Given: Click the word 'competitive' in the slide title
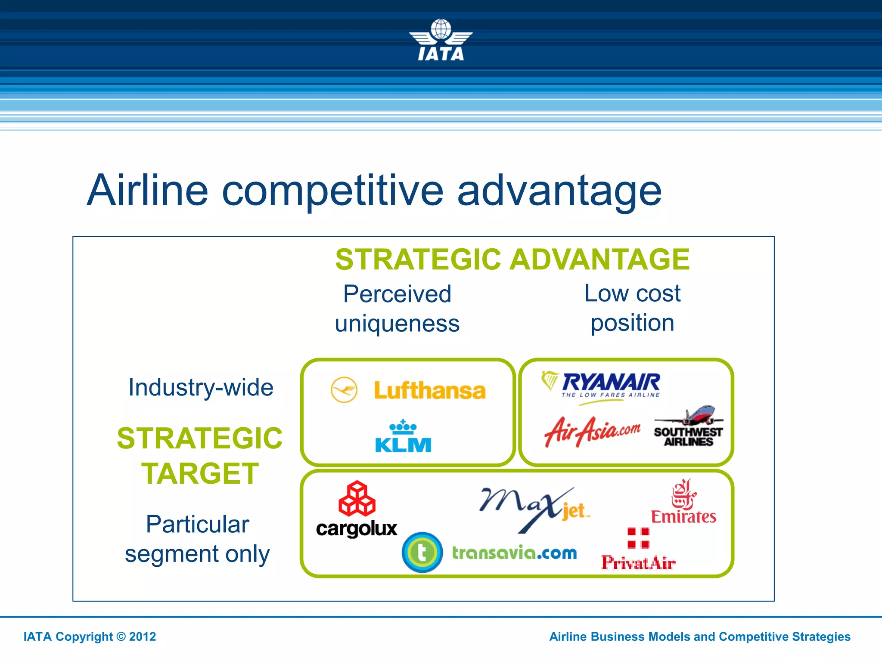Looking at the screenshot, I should click(332, 191).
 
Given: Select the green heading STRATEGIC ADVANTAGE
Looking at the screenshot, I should click(512, 259).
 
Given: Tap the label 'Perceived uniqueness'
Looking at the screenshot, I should click(397, 309).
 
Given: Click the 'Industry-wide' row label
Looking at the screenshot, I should click(201, 387).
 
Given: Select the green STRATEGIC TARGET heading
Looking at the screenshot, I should click(200, 456).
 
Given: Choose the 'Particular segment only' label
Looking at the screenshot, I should click(197, 539).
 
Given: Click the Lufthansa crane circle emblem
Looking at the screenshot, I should click(344, 390).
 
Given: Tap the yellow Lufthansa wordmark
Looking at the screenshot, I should click(429, 391).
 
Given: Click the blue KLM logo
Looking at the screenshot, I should click(403, 437).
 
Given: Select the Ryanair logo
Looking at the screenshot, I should click(603, 385).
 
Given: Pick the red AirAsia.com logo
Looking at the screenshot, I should click(592, 431).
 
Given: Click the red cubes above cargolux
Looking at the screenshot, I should click(357, 499).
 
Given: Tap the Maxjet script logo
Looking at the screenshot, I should click(534, 508).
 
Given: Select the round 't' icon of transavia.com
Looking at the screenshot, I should click(422, 553).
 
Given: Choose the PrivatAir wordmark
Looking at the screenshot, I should click(638, 563).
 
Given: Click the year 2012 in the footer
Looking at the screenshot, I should click(143, 637).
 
